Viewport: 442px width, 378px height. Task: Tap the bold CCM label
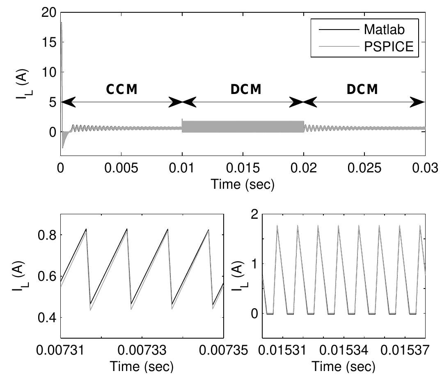coord(121,89)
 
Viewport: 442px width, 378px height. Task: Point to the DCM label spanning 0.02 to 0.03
coord(362,89)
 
